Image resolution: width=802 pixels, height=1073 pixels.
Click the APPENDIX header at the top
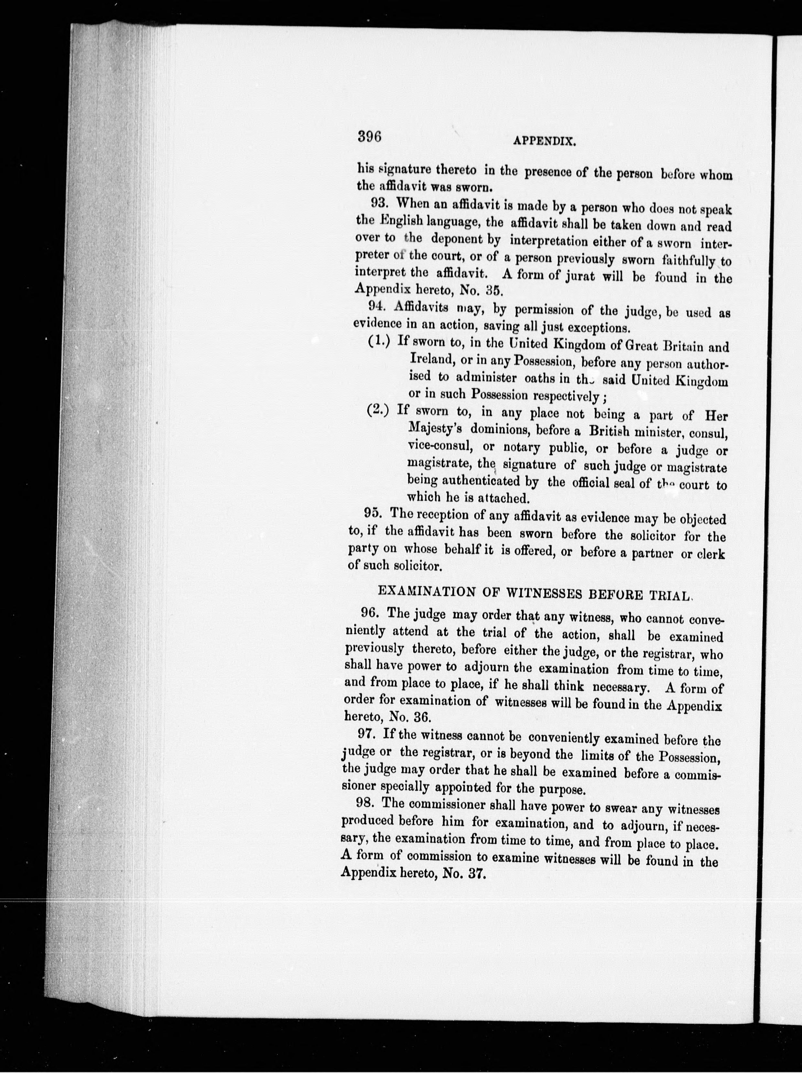pyautogui.click(x=545, y=142)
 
